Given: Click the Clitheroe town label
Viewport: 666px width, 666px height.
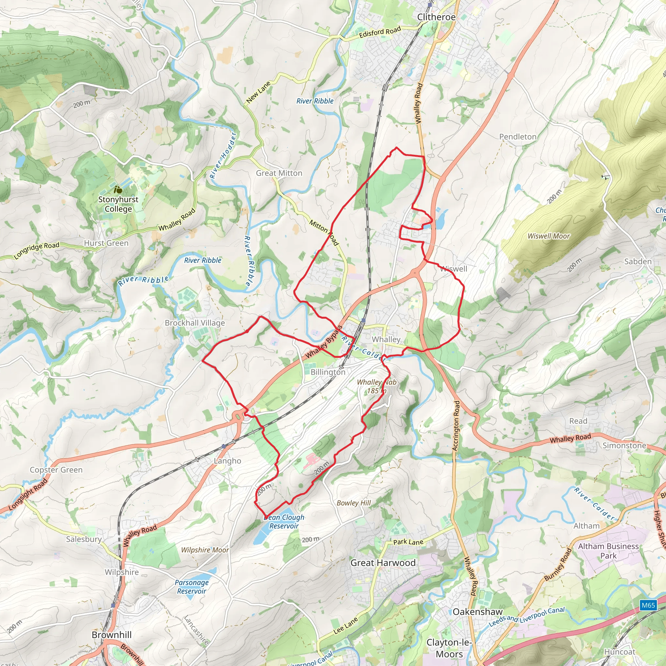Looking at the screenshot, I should coord(436,17).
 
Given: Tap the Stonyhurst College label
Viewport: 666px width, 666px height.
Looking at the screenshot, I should coord(118,204).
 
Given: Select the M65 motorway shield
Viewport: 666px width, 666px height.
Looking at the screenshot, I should coord(648,605).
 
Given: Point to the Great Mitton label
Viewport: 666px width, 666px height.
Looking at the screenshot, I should coord(279,173).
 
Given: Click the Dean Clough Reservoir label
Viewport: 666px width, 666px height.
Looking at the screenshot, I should coord(284,522).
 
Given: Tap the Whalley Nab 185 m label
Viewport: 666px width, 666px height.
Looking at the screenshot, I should coord(377,386).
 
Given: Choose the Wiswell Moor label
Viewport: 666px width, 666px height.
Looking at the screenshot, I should coord(549,236).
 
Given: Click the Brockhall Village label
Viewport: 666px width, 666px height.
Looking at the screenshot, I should coord(195,323).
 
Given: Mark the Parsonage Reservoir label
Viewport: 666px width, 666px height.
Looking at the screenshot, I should coord(192,587).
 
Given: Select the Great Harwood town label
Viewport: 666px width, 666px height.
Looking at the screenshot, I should coord(383,563).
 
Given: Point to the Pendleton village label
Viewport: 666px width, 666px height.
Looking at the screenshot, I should coord(518,137).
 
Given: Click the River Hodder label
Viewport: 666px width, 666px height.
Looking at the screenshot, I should coord(223,155).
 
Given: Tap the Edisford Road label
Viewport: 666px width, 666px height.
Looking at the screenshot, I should coord(380,32).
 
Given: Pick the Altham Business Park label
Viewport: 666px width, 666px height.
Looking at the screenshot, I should coord(608,551).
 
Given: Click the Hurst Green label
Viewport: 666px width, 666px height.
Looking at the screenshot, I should coord(106,243).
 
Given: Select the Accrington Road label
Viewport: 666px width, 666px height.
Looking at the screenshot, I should coord(456,426).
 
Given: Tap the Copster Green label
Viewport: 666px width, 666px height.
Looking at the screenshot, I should coord(56,470).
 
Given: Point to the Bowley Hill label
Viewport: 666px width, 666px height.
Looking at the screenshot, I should coord(354,503).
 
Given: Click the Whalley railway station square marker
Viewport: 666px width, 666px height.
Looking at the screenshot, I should coord(363,321).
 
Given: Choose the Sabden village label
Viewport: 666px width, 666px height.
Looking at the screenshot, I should coord(638,261).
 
